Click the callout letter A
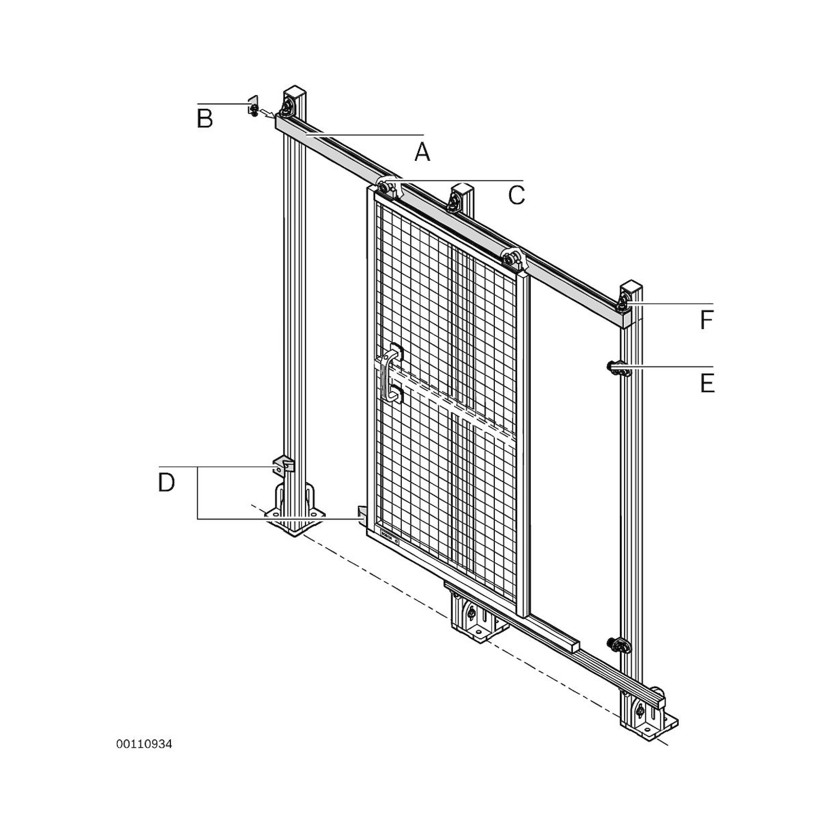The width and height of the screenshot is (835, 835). pyautogui.click(x=422, y=152)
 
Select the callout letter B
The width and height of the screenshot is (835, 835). pyautogui.click(x=205, y=119)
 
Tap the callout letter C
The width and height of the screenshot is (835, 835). pyautogui.click(x=516, y=195)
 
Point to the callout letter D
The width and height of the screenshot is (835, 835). pyautogui.click(x=167, y=482)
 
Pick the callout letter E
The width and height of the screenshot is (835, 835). pyautogui.click(x=707, y=383)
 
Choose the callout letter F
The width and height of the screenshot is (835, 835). pyautogui.click(x=706, y=321)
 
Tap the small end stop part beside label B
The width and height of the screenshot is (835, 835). pyautogui.click(x=253, y=106)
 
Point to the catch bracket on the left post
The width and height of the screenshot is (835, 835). pyautogui.click(x=283, y=466)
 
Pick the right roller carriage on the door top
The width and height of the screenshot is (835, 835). pyautogui.click(x=513, y=259)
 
